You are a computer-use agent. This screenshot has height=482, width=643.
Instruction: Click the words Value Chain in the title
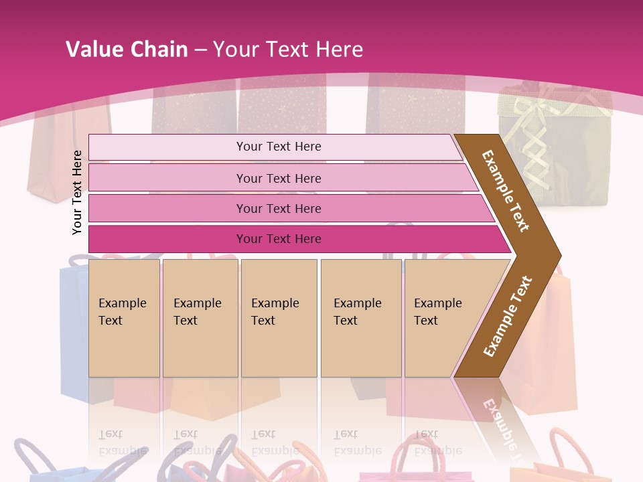tap(127, 50)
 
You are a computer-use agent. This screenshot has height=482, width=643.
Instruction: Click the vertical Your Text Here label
tap(77, 192)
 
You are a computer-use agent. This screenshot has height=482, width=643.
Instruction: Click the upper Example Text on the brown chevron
tap(506, 191)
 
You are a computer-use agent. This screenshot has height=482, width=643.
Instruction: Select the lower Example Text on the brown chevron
tap(508, 316)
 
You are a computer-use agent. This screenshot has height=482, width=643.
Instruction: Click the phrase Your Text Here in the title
tap(288, 50)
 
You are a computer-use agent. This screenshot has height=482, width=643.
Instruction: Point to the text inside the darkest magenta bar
tap(279, 239)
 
